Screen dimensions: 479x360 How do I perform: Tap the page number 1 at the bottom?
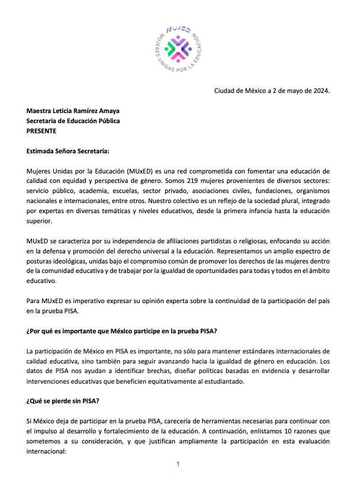coord(178,465)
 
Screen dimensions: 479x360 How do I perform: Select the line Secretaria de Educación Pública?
coord(73,121)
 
